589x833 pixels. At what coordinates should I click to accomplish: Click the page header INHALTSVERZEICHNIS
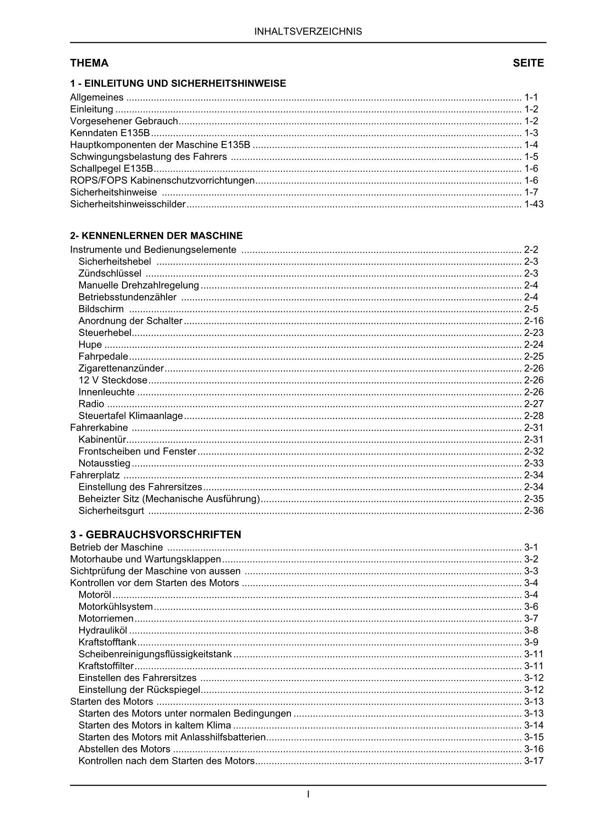point(308,32)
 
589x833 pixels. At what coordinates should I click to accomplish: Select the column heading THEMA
point(89,63)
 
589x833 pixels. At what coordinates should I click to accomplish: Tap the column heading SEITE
point(528,63)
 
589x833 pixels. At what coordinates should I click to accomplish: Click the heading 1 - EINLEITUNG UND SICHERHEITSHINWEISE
point(178,84)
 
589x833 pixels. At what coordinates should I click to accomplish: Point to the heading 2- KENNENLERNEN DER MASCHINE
point(156,235)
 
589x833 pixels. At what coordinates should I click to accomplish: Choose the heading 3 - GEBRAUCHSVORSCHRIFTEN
point(156,534)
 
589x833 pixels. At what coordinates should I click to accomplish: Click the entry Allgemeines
point(97,98)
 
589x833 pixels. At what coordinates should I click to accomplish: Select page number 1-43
point(534,205)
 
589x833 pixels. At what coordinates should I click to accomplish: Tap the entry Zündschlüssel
point(110,273)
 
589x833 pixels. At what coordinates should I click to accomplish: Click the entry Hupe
point(90,345)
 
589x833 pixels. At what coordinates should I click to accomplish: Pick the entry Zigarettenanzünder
point(121,368)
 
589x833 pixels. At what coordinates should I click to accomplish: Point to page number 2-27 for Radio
point(534,404)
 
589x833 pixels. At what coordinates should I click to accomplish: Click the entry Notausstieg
point(104,463)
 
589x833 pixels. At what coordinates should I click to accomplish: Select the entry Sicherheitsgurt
point(111,511)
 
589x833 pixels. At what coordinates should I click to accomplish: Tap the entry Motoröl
point(95,595)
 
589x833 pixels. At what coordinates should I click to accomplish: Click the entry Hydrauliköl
point(103,630)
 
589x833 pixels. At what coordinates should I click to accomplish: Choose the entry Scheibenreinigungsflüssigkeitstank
point(155,654)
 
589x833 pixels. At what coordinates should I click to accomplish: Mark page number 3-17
point(534,761)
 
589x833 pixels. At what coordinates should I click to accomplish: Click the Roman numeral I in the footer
point(309,794)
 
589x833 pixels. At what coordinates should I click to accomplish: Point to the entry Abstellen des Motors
point(124,749)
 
